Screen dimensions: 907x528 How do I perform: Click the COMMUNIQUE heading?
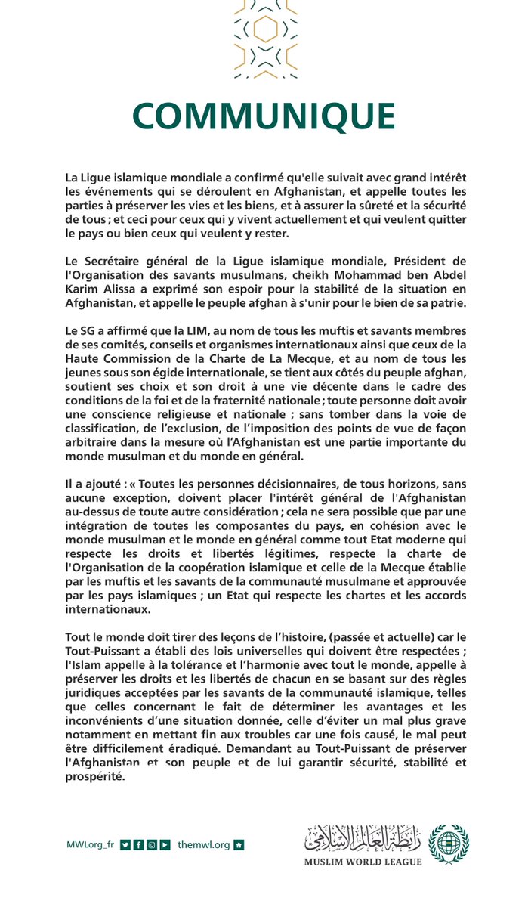click(x=264, y=116)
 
